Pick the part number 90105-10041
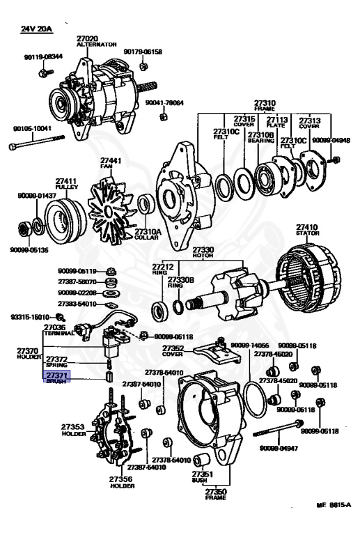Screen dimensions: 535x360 coord(32,129)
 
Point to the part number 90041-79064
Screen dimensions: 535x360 coord(164,103)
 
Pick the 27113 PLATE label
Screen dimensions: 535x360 coord(277,123)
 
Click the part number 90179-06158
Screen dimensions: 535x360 coord(143,52)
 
